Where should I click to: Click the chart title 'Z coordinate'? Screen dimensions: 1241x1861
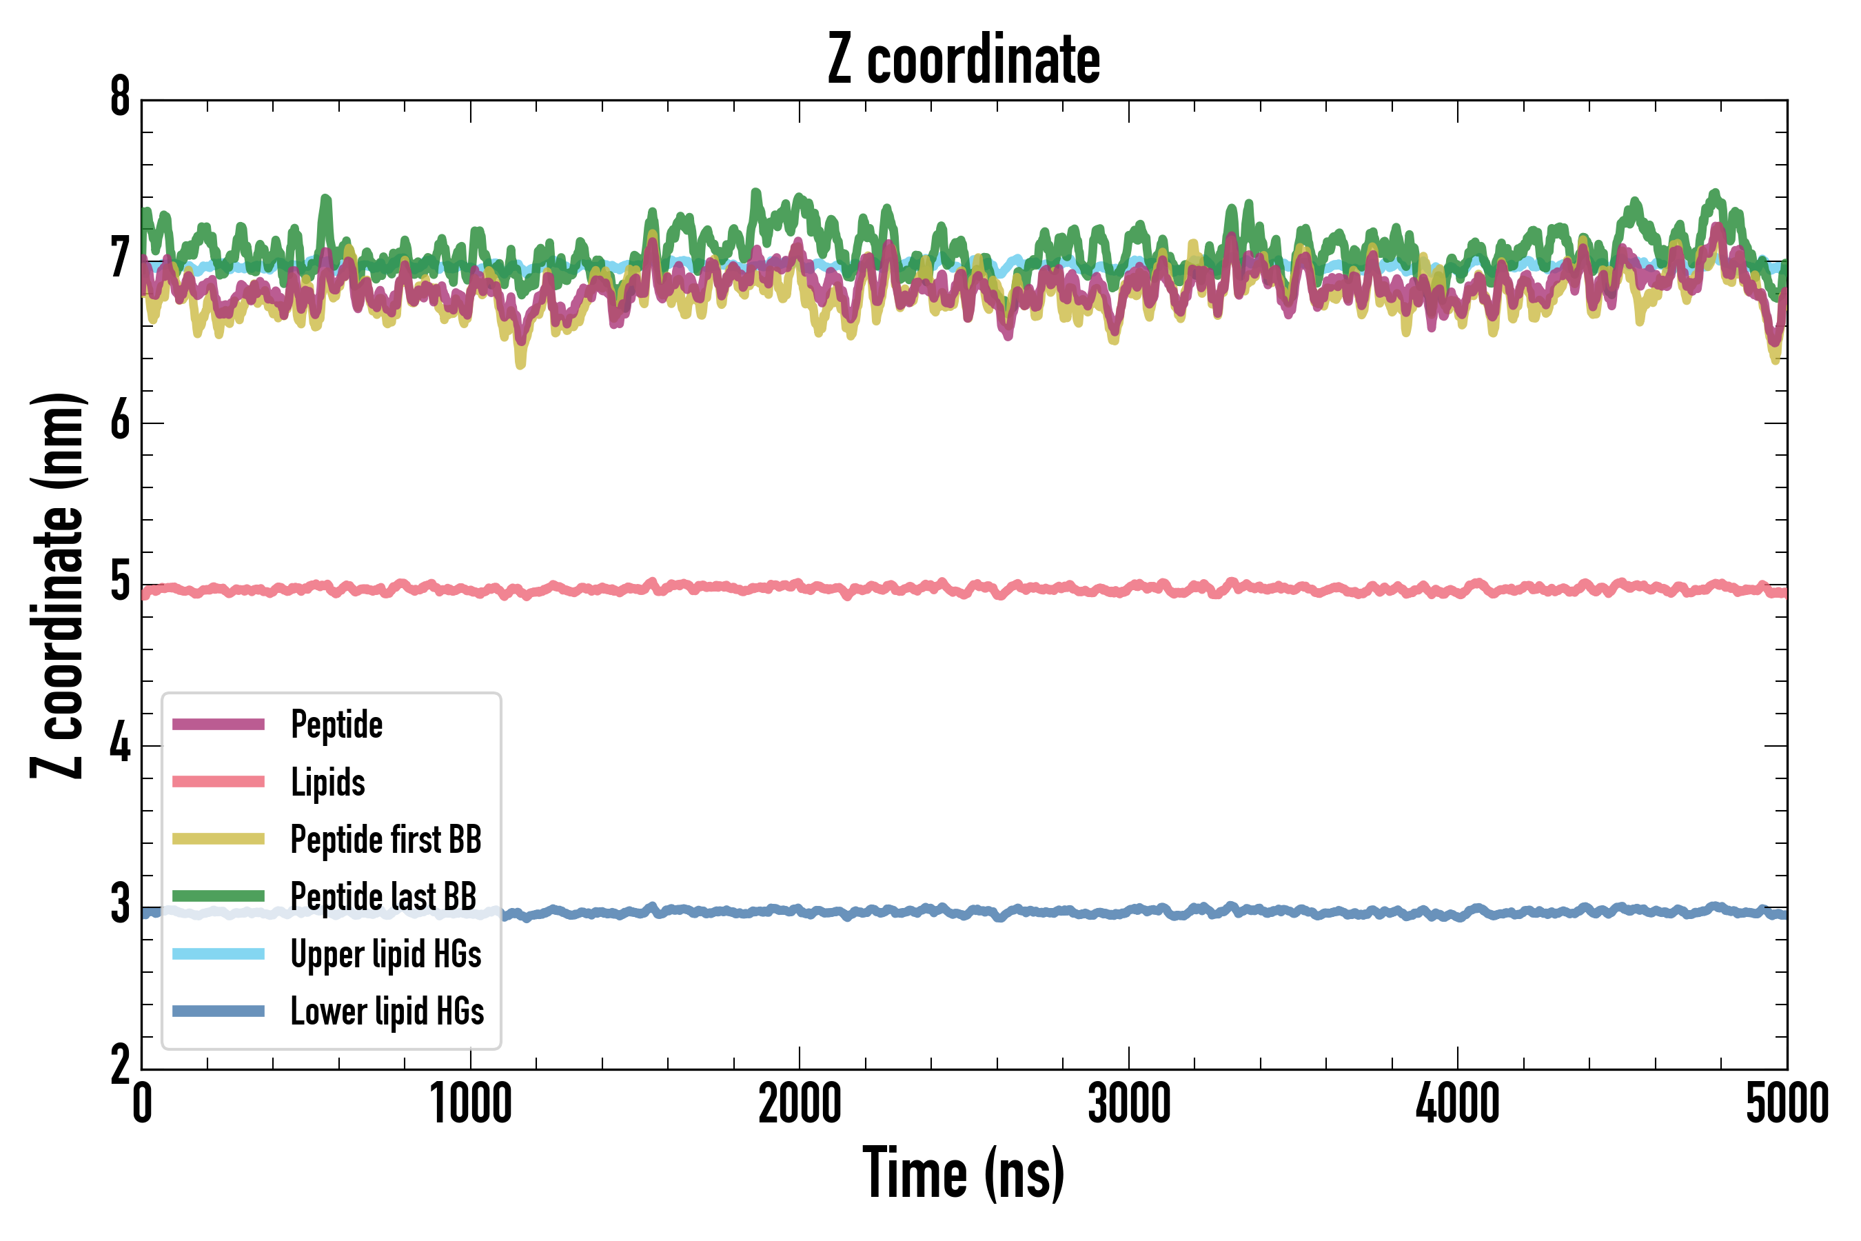pyautogui.click(x=963, y=60)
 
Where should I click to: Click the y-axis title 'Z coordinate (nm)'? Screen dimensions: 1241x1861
pyautogui.click(x=57, y=585)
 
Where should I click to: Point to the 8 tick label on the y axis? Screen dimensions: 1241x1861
pyautogui.click(x=120, y=97)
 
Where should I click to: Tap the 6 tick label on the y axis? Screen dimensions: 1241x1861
pyautogui.click(x=120, y=421)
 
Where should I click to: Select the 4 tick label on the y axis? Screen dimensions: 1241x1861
pyautogui.click(x=120, y=745)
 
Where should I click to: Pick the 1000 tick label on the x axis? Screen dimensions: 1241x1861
pyautogui.click(x=471, y=1104)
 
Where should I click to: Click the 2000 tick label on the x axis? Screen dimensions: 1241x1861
pyautogui.click(x=799, y=1104)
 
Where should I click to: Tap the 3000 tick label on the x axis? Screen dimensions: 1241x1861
pyautogui.click(x=1128, y=1104)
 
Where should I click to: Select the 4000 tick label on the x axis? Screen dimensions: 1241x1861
pyautogui.click(x=1458, y=1104)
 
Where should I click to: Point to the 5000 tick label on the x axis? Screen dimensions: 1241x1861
pyautogui.click(x=1787, y=1104)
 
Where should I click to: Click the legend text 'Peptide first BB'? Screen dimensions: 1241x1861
pyautogui.click(x=386, y=840)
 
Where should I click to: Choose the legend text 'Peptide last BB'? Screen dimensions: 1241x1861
pyautogui.click(x=384, y=897)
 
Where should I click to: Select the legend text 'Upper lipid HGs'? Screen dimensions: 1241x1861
pyautogui.click(x=386, y=954)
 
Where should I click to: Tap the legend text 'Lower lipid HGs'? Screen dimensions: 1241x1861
pyautogui.click(x=387, y=1011)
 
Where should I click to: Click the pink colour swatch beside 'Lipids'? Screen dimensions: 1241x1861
pyautogui.click(x=218, y=782)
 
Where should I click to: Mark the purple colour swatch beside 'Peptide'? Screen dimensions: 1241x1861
pyautogui.click(x=218, y=724)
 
